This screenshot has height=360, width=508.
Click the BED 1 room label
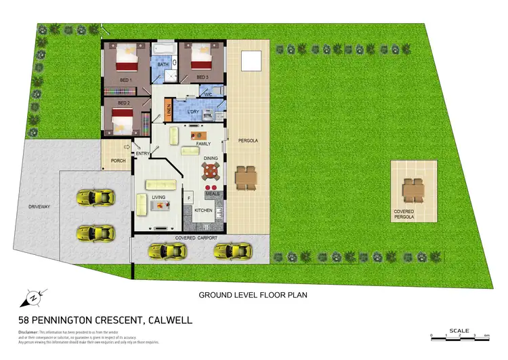pyautogui.click(x=125, y=80)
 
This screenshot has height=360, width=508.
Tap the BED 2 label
pyautogui.click(x=123, y=103)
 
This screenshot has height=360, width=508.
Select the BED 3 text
pyautogui.click(x=202, y=77)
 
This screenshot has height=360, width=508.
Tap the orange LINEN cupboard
pyautogui.click(x=168, y=111)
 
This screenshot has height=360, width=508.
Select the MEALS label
pyautogui.click(x=212, y=194)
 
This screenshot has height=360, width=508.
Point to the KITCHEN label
pyautogui.click(x=204, y=211)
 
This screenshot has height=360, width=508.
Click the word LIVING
pyautogui.click(x=158, y=197)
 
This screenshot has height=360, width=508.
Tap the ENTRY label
pyautogui.click(x=143, y=154)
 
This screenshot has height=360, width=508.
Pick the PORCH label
pyautogui.click(x=118, y=161)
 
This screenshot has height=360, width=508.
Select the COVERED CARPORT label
pyautogui.click(x=195, y=239)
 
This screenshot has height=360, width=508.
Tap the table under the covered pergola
pyautogui.click(x=412, y=190)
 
